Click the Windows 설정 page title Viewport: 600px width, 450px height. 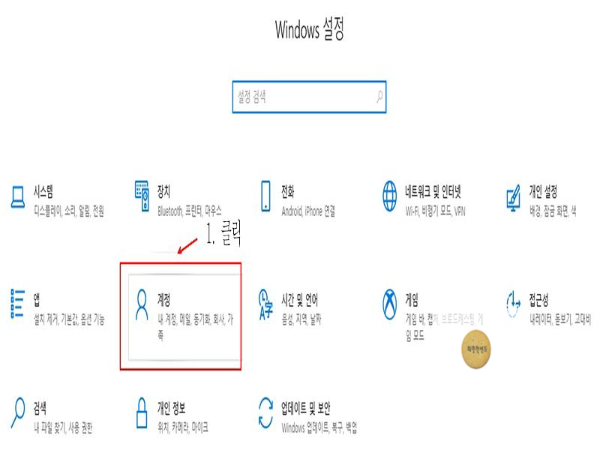310,31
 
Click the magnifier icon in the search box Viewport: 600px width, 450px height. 379,96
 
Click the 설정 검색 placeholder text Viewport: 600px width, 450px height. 252,96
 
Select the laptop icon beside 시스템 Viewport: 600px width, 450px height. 18,197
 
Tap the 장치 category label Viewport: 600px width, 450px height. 164,190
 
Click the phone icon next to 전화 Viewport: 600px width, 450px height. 265,196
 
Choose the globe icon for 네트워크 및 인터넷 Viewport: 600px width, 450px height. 390,196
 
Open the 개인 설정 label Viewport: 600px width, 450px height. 543,190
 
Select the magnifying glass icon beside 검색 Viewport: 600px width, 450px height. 18,413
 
